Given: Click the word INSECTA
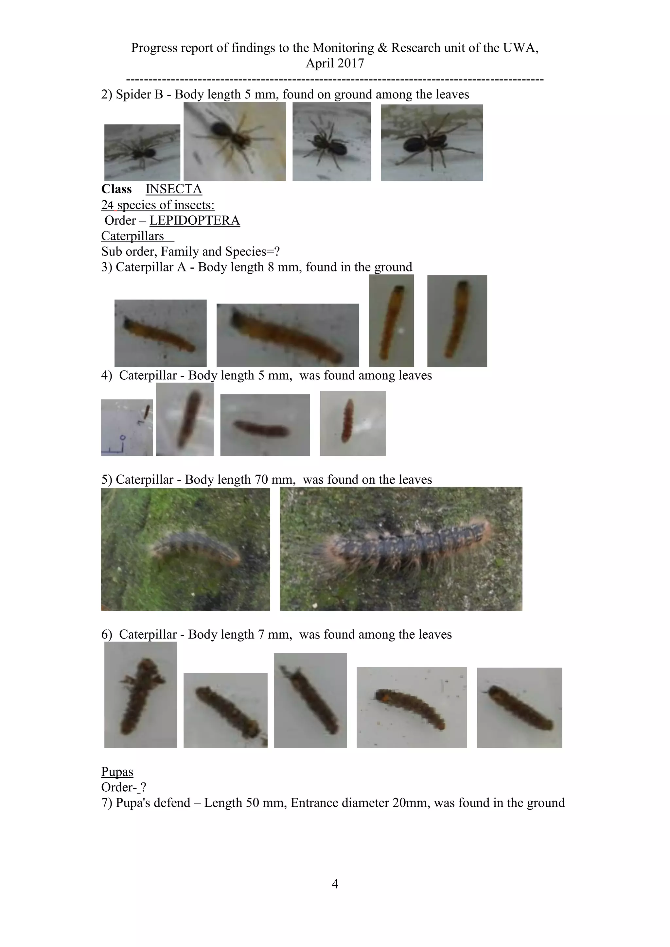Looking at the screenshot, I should [x=174, y=189].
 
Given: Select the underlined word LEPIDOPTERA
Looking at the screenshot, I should [x=194, y=220].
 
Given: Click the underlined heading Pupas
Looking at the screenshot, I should [x=117, y=772].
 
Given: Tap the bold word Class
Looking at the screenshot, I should [x=116, y=189].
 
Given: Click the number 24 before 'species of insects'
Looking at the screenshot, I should [x=107, y=205].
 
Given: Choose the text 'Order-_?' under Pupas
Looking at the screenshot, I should [x=123, y=787].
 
